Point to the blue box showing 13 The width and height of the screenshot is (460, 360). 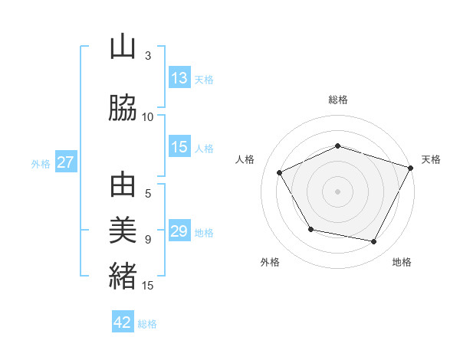179,78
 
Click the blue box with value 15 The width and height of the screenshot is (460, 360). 179,147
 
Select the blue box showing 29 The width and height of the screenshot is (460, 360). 179,231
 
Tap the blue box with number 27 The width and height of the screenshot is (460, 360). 65,162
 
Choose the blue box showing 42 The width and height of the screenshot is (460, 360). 123,322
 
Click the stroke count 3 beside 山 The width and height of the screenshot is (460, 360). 148,56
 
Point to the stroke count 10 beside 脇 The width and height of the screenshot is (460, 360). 148,117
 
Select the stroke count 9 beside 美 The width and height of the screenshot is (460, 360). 148,239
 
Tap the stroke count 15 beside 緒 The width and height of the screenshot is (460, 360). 148,286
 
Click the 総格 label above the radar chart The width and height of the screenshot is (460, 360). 338,100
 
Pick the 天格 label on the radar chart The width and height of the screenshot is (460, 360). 431,159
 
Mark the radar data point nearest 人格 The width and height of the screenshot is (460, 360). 280,173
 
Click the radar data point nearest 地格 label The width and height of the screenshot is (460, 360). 373,242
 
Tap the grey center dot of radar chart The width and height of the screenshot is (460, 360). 338,191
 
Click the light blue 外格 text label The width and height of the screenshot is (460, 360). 40,163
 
